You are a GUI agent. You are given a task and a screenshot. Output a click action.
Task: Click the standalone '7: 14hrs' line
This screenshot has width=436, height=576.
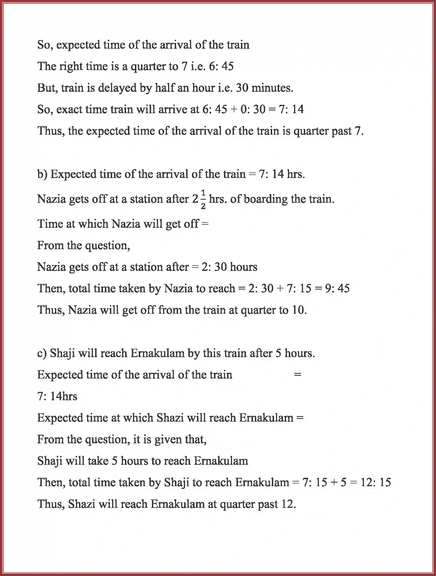57,396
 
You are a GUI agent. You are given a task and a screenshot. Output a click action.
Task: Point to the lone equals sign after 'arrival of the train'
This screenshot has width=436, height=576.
297,375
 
